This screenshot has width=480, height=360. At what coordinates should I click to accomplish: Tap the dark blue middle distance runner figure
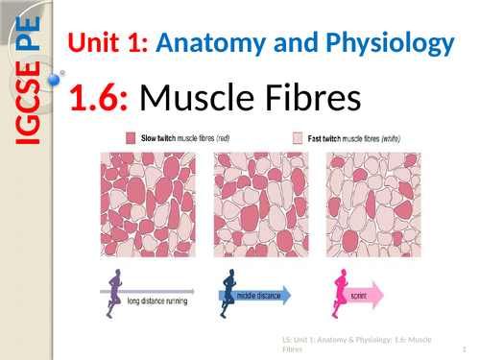[229, 291]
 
